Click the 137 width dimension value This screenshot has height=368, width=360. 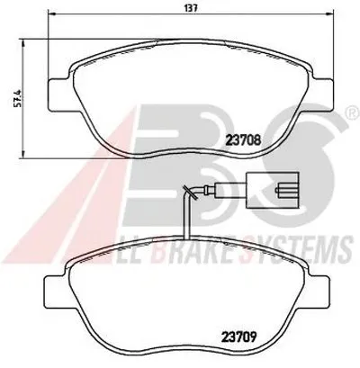(x=191, y=8)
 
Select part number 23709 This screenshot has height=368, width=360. (x=238, y=337)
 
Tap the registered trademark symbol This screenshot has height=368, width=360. (x=354, y=112)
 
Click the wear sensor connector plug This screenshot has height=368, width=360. (x=273, y=190)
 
